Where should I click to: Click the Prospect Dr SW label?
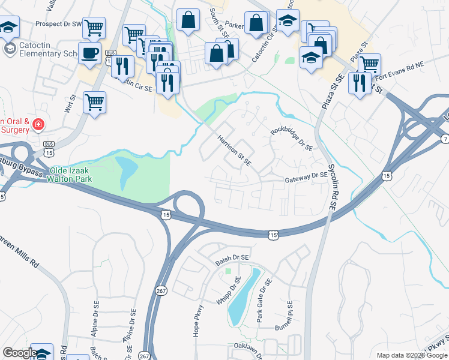58,24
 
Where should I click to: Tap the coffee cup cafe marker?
91,52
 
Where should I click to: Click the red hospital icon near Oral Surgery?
38,125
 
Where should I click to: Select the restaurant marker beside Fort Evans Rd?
360,82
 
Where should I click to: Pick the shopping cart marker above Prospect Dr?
94,26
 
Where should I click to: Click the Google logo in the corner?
19,352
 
